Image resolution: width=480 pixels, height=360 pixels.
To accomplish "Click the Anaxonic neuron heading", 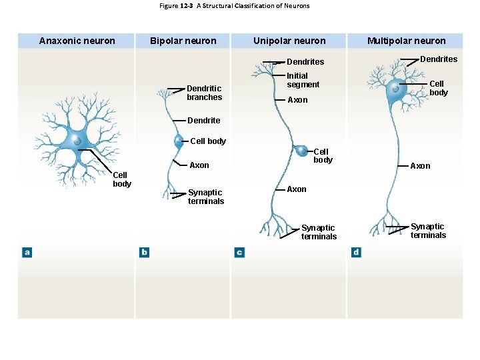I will click(x=77, y=41).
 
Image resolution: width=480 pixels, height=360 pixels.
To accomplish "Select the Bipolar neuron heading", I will click(x=183, y=41).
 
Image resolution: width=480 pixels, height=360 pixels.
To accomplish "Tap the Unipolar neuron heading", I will click(x=289, y=41).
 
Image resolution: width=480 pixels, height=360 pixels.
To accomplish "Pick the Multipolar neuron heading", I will click(x=406, y=41).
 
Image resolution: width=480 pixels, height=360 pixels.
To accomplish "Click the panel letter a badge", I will click(x=27, y=252).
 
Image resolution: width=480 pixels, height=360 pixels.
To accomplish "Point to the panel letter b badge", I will click(x=144, y=252).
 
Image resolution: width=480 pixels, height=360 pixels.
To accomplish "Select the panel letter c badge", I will click(x=239, y=252).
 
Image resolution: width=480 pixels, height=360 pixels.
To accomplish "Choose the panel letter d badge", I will click(x=356, y=252).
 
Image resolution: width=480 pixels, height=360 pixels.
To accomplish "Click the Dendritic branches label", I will click(x=204, y=93).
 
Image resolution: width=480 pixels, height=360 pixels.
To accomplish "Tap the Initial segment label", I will click(x=303, y=80).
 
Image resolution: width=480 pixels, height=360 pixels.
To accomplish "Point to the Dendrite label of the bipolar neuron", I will click(x=203, y=121).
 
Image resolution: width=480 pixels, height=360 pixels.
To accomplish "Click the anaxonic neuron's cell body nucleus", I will click(x=77, y=141).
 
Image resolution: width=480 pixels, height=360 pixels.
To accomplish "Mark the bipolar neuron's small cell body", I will click(x=179, y=141).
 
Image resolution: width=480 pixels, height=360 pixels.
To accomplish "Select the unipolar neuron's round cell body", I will click(x=302, y=151).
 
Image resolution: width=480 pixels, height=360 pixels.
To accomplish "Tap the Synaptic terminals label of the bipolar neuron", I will click(x=205, y=197).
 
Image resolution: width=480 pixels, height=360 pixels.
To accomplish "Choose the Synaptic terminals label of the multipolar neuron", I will click(x=428, y=231).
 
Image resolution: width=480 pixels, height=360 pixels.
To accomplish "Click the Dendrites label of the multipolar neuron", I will click(x=439, y=59).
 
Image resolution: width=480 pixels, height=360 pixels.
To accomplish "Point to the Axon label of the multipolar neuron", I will click(x=420, y=166).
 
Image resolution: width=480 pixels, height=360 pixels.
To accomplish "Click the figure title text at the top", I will click(x=235, y=6).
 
